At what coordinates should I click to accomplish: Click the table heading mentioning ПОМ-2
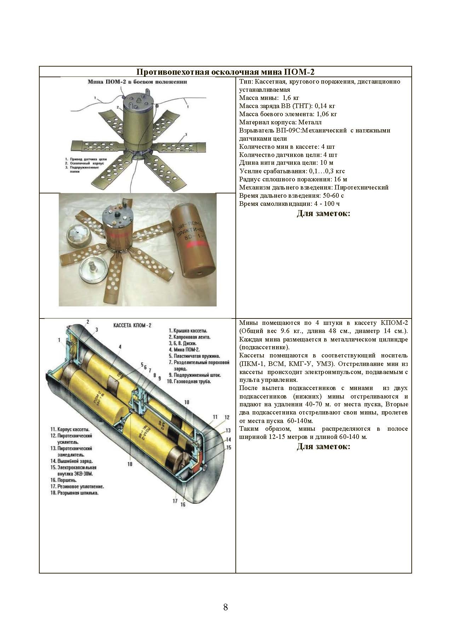225,72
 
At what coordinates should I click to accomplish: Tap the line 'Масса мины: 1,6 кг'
269,98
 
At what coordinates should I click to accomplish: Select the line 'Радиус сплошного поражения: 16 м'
293,179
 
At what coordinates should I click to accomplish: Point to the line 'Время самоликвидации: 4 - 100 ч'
290,204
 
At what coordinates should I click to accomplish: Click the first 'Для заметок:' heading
323,214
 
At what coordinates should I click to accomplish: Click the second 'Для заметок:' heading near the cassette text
323,446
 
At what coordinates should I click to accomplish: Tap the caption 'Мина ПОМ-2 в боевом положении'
137,81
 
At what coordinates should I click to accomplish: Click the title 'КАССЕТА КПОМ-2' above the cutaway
132,325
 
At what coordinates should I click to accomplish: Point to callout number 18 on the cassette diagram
130,464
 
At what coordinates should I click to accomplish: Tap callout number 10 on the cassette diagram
187,402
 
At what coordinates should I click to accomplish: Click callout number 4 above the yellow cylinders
120,347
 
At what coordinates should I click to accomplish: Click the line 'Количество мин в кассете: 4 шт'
287,147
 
